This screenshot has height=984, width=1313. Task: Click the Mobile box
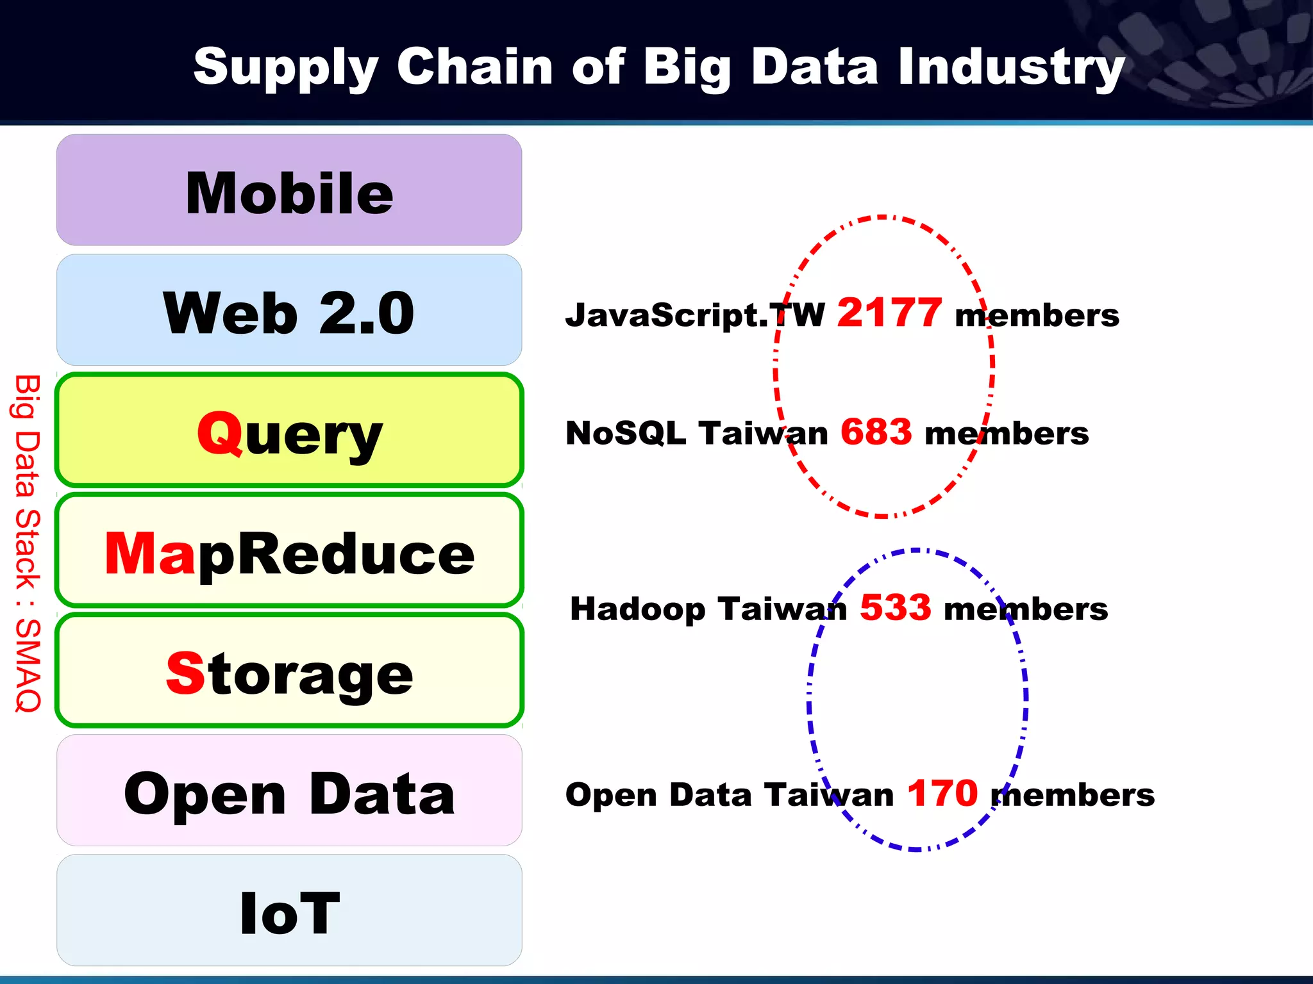click(289, 190)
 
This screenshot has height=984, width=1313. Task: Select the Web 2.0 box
click(289, 311)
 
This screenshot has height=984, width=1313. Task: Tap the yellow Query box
click(289, 430)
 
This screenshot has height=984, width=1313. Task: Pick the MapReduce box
click(289, 551)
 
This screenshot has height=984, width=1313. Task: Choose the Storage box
click(289, 671)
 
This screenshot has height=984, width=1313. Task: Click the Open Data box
click(289, 791)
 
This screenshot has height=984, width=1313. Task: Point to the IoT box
click(289, 911)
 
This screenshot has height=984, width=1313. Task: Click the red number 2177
click(889, 313)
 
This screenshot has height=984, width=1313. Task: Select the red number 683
click(876, 432)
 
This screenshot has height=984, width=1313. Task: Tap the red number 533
click(895, 608)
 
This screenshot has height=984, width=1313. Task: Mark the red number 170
click(942, 794)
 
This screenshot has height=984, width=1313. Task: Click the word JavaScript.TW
click(695, 315)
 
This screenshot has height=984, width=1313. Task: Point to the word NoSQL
click(626, 434)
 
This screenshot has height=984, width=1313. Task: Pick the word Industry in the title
click(1010, 67)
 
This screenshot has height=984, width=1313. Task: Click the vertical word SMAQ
click(28, 666)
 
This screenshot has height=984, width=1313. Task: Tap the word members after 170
click(1073, 796)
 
